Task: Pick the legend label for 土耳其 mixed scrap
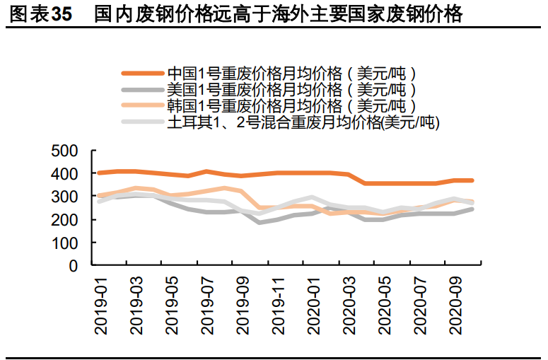(x=303, y=122)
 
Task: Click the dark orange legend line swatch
(x=142, y=73)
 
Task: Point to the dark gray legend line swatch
(x=142, y=90)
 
